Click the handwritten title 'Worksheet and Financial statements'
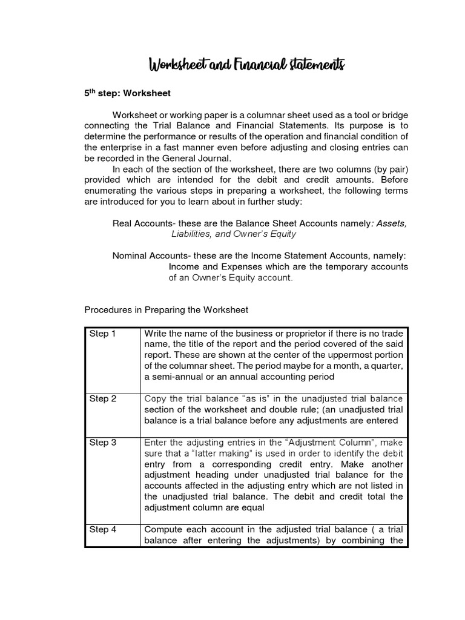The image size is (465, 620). (246, 65)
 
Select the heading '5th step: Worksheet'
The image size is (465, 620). (127, 94)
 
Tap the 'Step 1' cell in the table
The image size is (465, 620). (102, 334)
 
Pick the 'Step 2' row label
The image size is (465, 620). (102, 398)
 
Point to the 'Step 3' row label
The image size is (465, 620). (102, 443)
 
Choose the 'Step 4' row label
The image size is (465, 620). (102, 529)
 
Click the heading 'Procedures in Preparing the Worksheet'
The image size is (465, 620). (166, 309)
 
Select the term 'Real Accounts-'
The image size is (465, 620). (143, 223)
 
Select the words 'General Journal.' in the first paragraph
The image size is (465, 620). (197, 159)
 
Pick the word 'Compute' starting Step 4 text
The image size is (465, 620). (164, 529)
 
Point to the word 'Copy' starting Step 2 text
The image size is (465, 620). (154, 398)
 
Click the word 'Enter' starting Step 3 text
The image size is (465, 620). (156, 443)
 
